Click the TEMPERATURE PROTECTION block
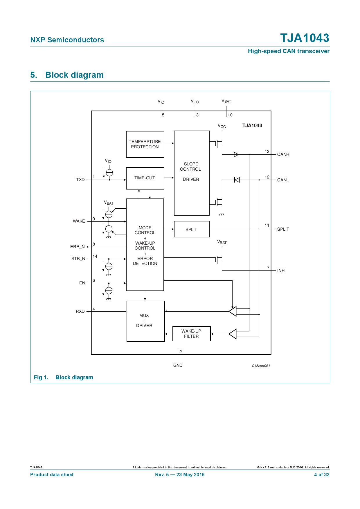point(145,144)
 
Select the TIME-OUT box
point(145,178)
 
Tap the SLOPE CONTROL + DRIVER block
point(191,173)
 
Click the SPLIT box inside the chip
point(191,229)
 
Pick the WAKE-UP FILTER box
point(191,334)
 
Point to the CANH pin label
point(283,154)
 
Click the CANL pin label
point(283,180)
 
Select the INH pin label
point(281,270)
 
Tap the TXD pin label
point(80,180)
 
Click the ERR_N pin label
point(78,247)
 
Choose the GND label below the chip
point(178,365)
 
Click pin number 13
point(267,151)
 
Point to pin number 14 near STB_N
point(95,256)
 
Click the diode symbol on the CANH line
point(237,154)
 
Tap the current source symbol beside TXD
point(109,172)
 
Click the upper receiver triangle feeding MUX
point(233,311)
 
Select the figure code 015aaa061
point(261,366)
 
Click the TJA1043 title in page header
point(305,38)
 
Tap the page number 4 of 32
point(322,474)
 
